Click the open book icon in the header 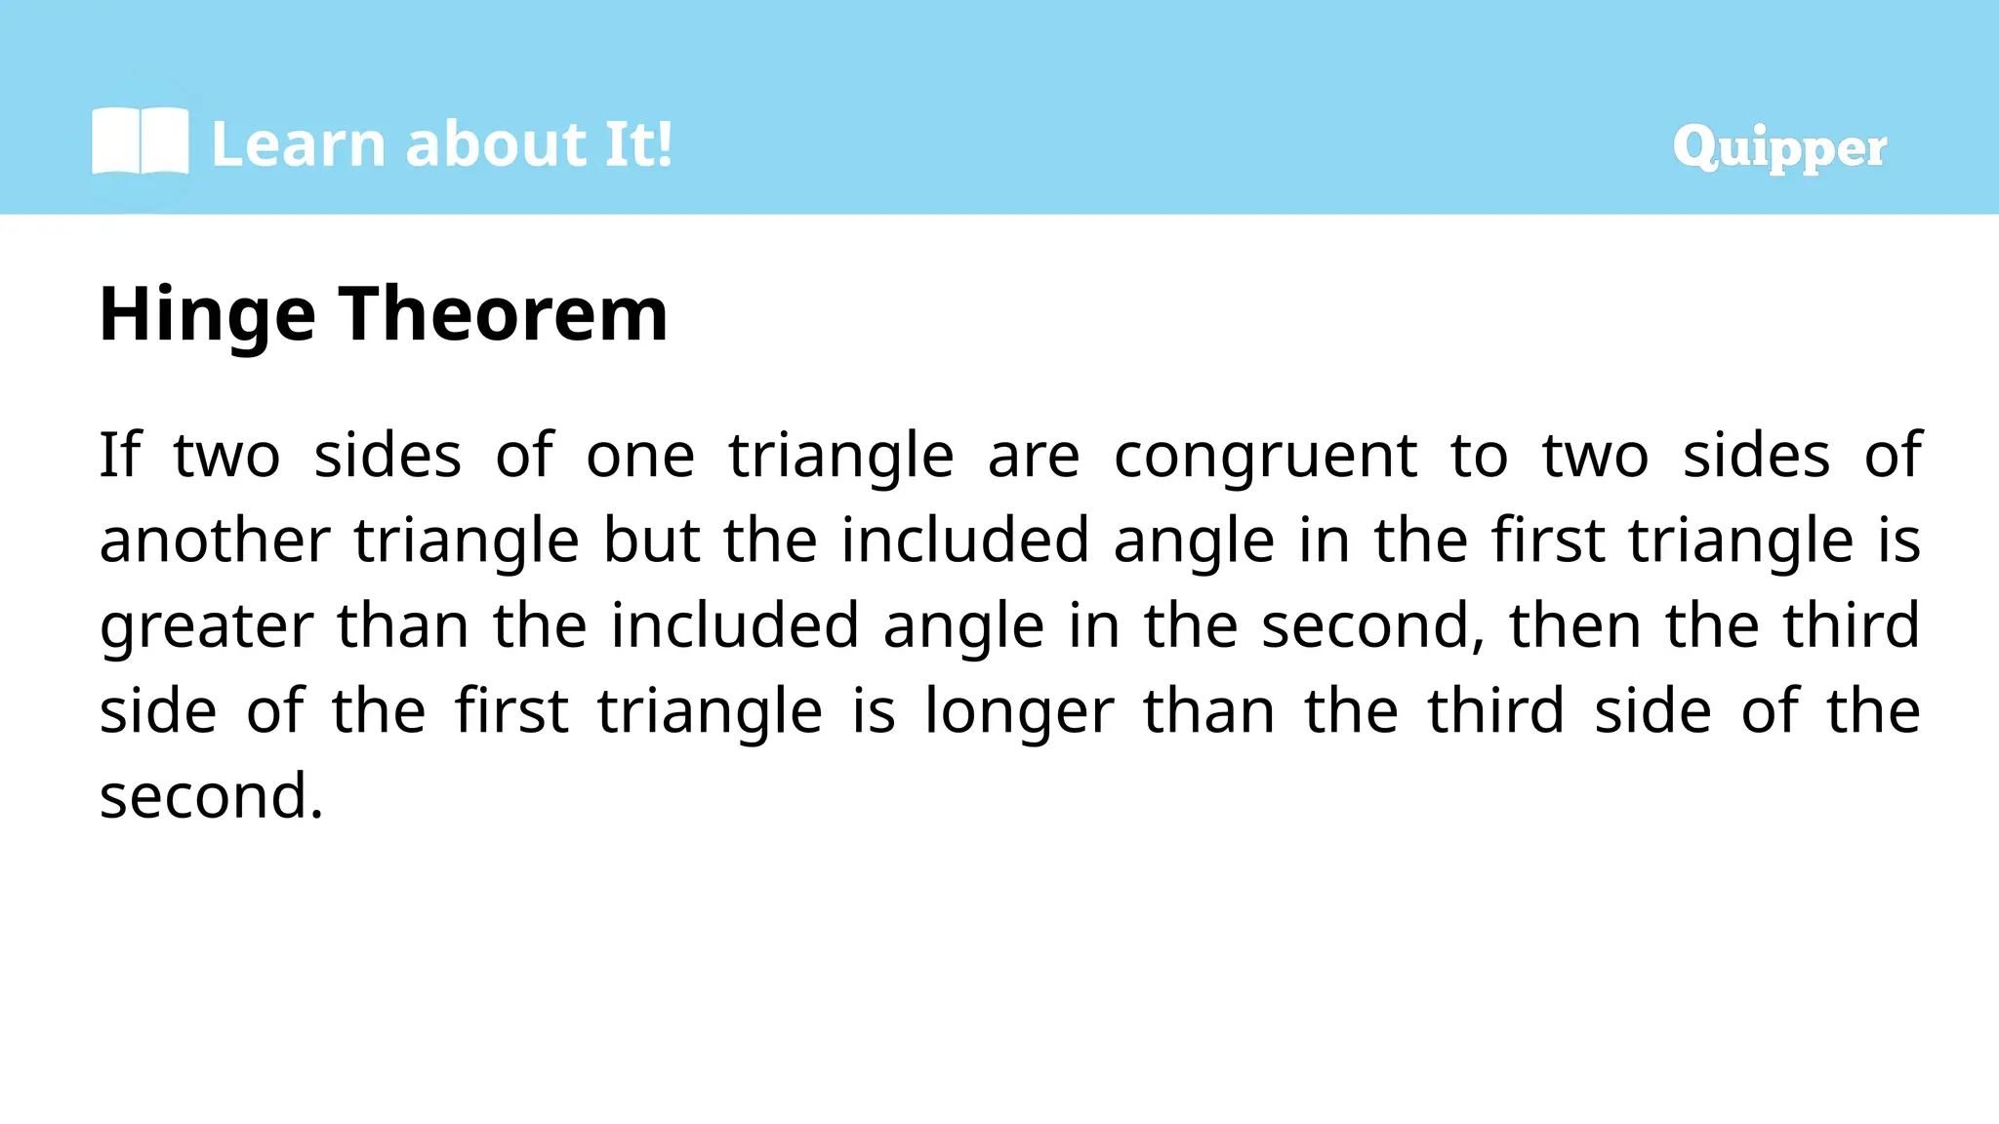[140, 142]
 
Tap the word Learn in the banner [299, 144]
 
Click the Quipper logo [1778, 148]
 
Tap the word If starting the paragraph [120, 455]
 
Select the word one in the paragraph [639, 457]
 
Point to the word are [1033, 457]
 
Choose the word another [215, 541]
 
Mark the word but [651, 541]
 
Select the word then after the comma [1574, 625]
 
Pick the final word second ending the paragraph [211, 796]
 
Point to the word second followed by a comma [1372, 626]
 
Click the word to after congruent [1479, 457]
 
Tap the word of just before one [524, 455]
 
